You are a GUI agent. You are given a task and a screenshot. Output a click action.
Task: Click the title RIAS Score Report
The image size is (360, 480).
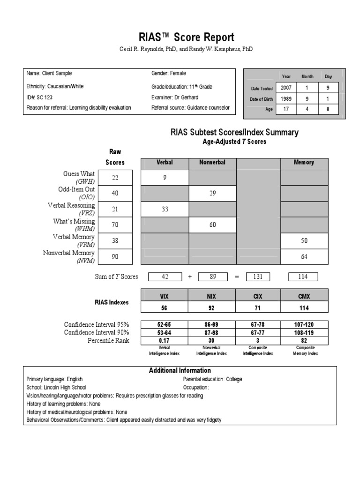click(x=180, y=37)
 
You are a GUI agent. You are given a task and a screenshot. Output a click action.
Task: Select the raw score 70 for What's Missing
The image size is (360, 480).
click(x=115, y=225)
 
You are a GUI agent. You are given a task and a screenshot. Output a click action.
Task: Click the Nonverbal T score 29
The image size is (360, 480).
click(x=212, y=193)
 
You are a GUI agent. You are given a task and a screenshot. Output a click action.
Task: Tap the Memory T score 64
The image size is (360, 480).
click(x=304, y=256)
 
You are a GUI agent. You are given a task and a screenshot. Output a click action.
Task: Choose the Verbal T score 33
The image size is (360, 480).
click(x=165, y=209)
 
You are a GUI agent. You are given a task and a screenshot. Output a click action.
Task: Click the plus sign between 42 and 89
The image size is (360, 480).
click(x=190, y=277)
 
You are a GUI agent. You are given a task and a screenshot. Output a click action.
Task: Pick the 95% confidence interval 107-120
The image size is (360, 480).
click(x=304, y=324)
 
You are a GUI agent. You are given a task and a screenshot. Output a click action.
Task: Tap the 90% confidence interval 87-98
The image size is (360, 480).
click(x=212, y=332)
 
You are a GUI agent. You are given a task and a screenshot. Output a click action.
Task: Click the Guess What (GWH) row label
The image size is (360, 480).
click(x=79, y=177)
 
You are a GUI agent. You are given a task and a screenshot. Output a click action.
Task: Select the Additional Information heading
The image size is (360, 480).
click(x=180, y=370)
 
